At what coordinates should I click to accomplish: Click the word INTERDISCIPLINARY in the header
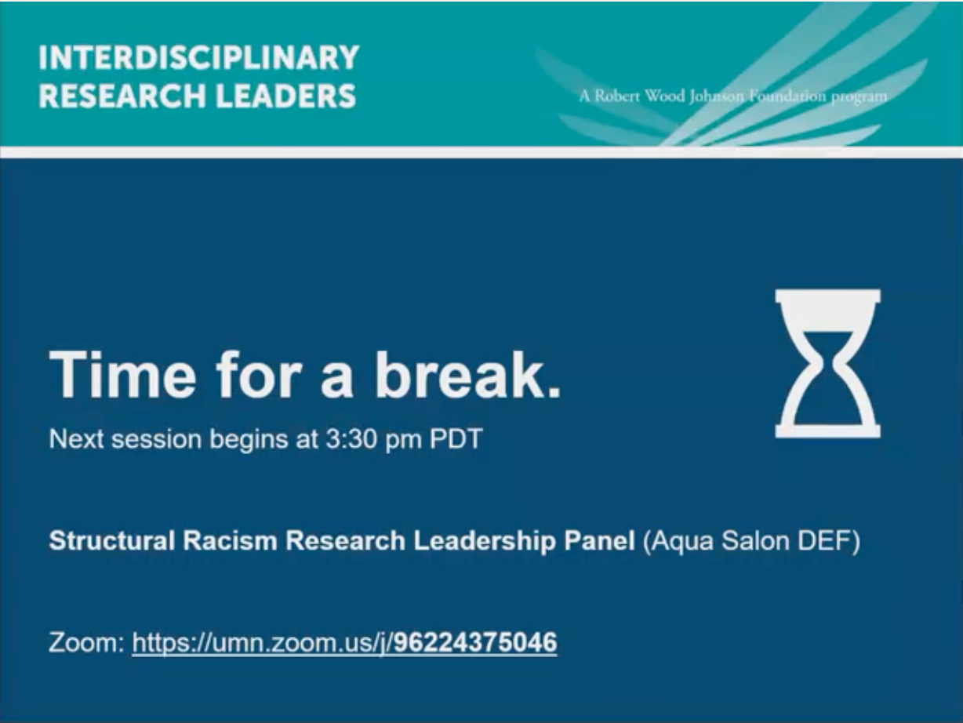click(x=198, y=57)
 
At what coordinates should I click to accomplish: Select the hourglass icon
click(x=827, y=363)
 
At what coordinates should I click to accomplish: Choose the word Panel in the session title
click(x=599, y=542)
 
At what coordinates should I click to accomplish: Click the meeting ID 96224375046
click(x=475, y=644)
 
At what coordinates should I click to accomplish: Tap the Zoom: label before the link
click(x=86, y=644)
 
